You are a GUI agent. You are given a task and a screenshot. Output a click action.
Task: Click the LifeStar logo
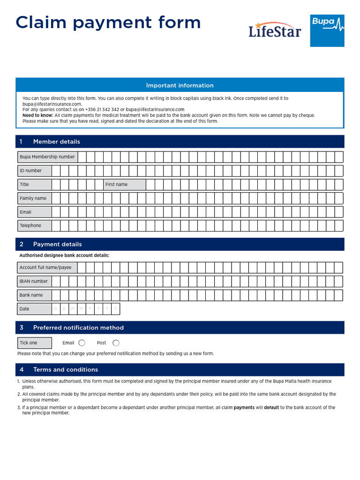click(274, 30)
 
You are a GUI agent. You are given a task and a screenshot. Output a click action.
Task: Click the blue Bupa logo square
click(327, 30)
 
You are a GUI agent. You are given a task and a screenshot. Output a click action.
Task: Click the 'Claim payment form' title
click(108, 22)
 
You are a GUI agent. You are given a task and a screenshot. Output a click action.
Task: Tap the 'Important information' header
click(180, 85)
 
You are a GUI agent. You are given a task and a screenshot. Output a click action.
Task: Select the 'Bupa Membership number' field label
click(47, 157)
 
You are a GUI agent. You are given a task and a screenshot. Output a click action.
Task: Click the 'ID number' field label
click(30, 171)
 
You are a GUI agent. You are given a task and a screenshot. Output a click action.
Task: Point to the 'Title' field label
click(24, 185)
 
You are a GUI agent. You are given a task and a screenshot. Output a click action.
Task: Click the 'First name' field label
click(116, 185)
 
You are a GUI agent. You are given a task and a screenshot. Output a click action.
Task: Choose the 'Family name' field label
click(33, 198)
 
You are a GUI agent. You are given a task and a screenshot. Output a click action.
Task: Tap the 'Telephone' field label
click(30, 225)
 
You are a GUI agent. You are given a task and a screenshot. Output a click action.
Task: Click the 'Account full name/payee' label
click(45, 268)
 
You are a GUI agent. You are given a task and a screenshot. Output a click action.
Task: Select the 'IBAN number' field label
click(33, 281)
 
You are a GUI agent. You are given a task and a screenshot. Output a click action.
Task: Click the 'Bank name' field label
click(31, 295)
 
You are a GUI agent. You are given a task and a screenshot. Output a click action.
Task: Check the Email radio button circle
click(82, 343)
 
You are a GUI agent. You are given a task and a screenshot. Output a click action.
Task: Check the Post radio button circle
click(116, 343)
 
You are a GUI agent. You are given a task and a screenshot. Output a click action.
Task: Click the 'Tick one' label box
click(34, 343)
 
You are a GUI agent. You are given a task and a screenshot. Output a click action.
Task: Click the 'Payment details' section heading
click(57, 244)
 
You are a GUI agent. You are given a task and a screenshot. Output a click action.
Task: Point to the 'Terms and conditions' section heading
click(66, 369)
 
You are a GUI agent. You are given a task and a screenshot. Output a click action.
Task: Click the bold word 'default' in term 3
click(271, 407)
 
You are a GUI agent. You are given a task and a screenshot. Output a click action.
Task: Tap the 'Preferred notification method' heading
click(78, 328)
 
